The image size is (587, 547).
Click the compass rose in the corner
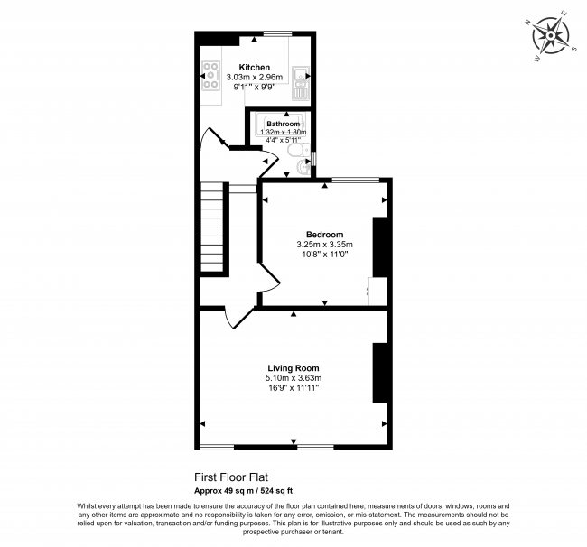click(550, 37)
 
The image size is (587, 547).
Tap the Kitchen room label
click(254, 68)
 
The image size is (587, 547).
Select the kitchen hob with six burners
click(210, 76)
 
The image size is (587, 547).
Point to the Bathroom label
click(283, 124)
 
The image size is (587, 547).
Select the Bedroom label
click(324, 235)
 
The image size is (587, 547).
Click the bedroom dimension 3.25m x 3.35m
click(324, 245)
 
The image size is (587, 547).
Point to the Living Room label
click(293, 367)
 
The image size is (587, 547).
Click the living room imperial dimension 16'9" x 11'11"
click(293, 387)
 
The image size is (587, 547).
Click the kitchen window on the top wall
click(278, 35)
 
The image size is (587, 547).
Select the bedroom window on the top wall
click(355, 180)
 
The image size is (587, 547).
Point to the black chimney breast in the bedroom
click(380, 246)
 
